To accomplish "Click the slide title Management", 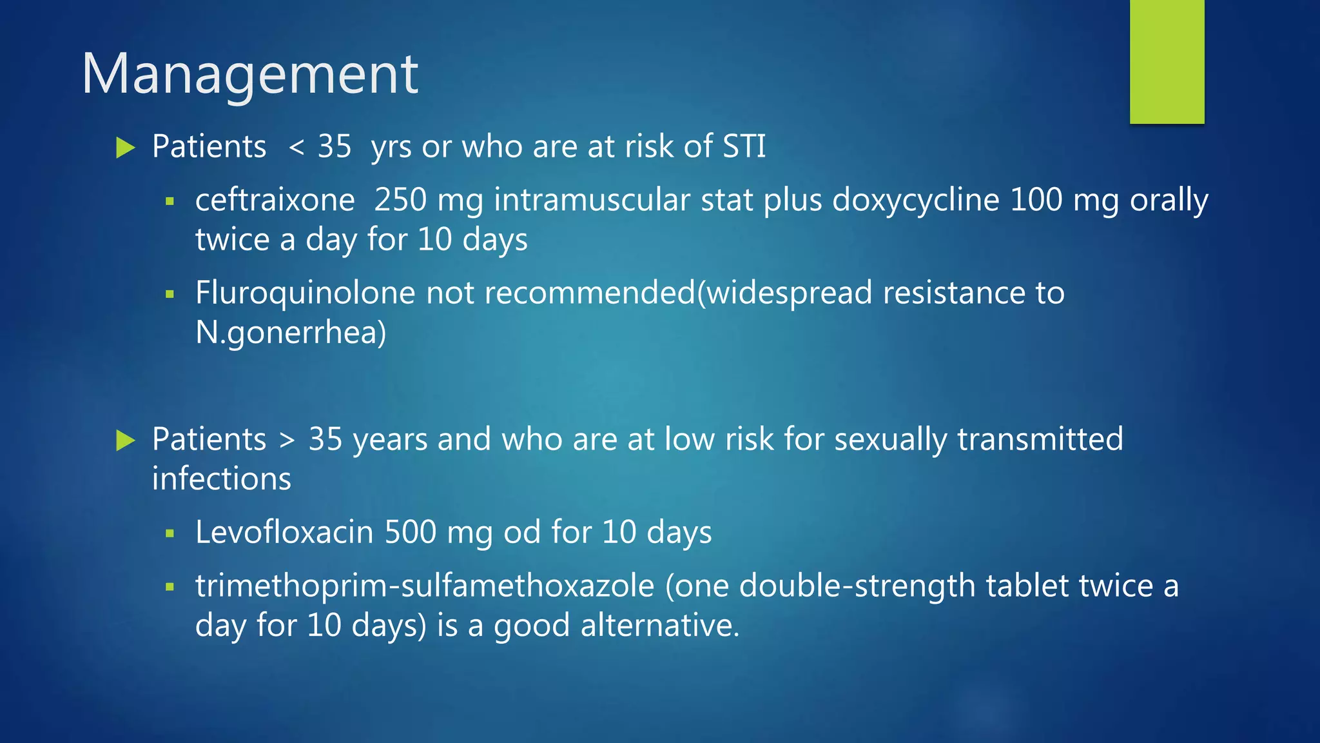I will (x=250, y=74).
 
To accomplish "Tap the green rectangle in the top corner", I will (x=1167, y=62).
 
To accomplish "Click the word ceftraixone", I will (x=275, y=200).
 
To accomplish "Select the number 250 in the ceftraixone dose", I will (x=400, y=200).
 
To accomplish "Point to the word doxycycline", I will (x=916, y=200).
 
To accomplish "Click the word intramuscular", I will (x=592, y=200).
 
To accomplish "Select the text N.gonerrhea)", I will (x=291, y=333).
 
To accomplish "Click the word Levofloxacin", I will (x=284, y=532).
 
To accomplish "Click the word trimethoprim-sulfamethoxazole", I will (x=425, y=586).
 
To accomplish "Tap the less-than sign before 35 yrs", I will (x=296, y=148).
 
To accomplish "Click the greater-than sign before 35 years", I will (x=287, y=441).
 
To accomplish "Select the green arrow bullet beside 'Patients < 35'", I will (x=125, y=148).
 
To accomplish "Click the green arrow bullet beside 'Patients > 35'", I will (x=125, y=441).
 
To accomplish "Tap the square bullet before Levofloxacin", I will (x=170, y=533).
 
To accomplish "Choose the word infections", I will (x=222, y=479).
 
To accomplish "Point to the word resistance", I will (x=953, y=293).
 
